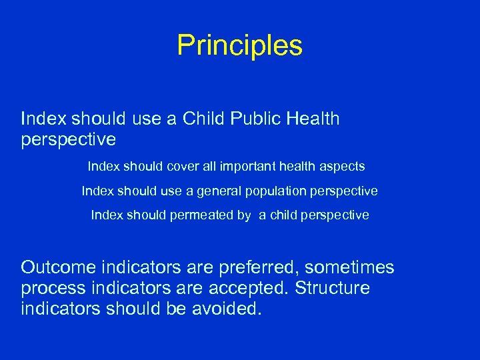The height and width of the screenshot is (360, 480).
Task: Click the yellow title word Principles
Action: pos(240,45)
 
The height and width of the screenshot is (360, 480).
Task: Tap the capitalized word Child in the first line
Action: pos(204,119)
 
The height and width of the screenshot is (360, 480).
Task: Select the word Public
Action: pos(255,119)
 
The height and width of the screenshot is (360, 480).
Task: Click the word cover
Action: pos(183,165)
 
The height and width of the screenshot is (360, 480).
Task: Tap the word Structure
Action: pos(335,289)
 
